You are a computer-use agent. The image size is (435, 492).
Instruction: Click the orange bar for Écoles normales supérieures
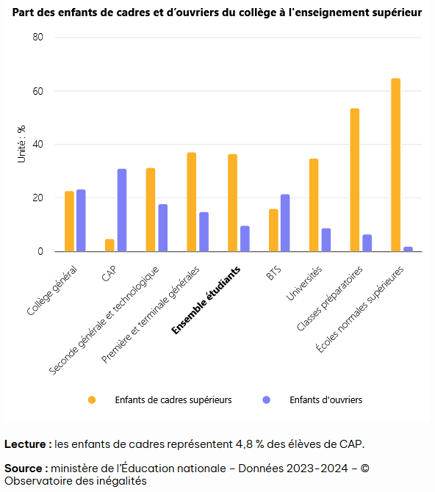(396, 164)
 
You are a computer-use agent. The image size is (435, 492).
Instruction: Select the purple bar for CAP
(122, 210)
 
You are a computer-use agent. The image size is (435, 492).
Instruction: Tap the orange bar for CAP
(109, 245)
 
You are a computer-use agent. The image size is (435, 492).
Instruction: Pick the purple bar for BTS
(285, 223)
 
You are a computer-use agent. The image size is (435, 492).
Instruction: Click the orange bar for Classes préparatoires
(355, 180)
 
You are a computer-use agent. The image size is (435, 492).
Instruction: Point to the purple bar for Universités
(326, 239)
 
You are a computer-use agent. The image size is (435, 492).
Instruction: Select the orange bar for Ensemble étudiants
(232, 203)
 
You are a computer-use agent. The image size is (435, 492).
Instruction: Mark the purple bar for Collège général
(81, 220)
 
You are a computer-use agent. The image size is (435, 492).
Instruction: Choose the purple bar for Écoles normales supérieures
(408, 249)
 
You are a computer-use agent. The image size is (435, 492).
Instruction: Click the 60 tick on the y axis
(37, 91)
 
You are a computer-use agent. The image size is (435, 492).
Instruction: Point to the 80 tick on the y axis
(37, 37)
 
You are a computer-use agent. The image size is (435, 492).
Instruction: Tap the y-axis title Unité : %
(21, 144)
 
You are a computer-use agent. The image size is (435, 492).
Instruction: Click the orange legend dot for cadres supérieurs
(92, 399)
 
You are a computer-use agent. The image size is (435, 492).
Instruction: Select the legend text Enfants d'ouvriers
(326, 399)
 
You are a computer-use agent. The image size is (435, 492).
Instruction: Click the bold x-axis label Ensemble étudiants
(206, 300)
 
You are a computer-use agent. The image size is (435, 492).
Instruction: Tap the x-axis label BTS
(273, 272)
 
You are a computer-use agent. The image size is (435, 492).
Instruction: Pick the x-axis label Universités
(304, 283)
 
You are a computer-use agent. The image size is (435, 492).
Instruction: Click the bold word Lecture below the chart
(25, 444)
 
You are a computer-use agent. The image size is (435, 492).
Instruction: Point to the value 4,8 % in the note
(250, 444)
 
